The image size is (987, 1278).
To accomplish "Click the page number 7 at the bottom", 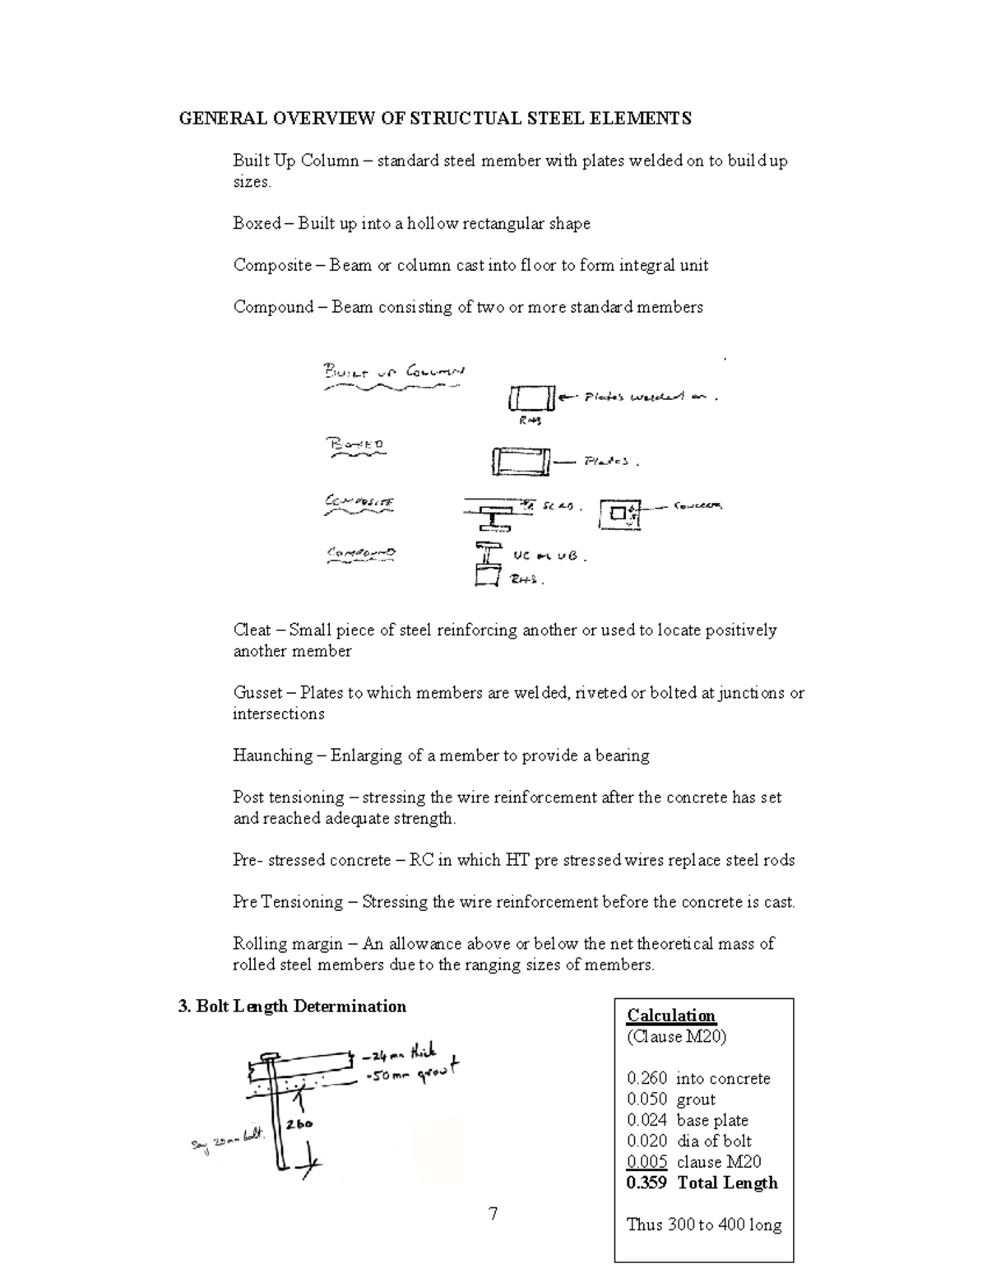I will pos(493,1214).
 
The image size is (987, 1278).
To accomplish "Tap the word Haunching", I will pos(273,755).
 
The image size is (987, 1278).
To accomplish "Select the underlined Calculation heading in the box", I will pos(671,1015).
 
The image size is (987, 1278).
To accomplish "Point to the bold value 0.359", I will pos(646,1183).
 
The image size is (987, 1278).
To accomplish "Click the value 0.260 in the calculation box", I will pos(646,1078).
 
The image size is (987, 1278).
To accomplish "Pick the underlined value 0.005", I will pos(646,1162).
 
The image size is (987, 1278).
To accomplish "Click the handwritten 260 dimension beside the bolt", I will pos(299,1123).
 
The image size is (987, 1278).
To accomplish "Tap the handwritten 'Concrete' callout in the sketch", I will pos(697,506).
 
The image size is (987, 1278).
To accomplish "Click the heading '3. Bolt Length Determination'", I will pos(292,1006).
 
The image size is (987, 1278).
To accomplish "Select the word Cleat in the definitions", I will pos(252,630).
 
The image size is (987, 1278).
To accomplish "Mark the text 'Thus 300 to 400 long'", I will pos(703,1225).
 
